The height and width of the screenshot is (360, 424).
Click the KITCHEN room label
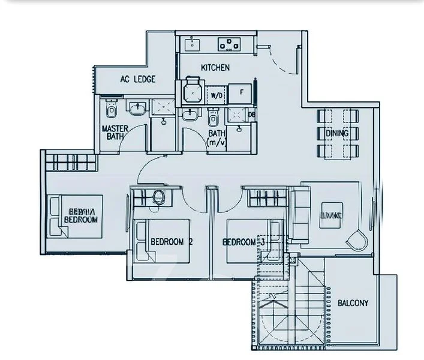tap(215, 67)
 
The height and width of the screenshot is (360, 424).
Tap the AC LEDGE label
tap(137, 79)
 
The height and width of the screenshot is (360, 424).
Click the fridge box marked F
tap(241, 92)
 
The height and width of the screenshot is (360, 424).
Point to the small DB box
tap(252, 115)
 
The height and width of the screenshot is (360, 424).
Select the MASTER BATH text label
tap(112, 133)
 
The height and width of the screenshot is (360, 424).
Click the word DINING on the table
tap(336, 133)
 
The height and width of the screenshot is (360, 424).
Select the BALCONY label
tap(353, 303)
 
